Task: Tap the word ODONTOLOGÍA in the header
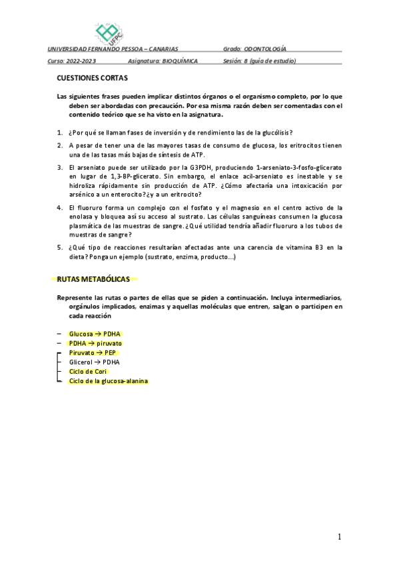pyautogui.click(x=265, y=49)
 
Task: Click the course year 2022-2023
pyautogui.click(x=82, y=61)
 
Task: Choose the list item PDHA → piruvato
pyautogui.click(x=95, y=343)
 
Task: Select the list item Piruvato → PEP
pyautogui.click(x=93, y=352)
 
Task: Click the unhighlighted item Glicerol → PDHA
pyautogui.click(x=94, y=362)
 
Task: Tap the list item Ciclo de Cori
pyautogui.click(x=88, y=372)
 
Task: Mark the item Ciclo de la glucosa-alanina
pyautogui.click(x=109, y=381)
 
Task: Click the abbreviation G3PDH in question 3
pyautogui.click(x=202, y=167)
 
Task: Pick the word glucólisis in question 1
pyautogui.click(x=272, y=132)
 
